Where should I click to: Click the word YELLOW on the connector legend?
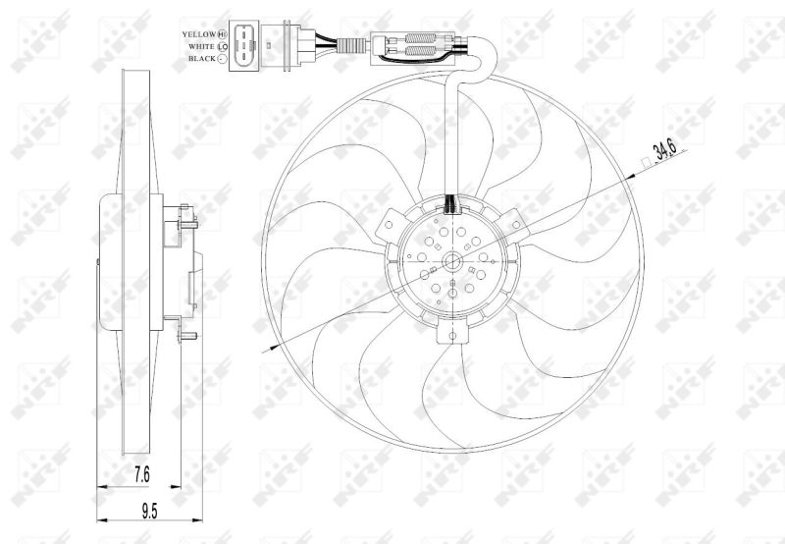coord(199,34)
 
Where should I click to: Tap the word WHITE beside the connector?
coord(201,46)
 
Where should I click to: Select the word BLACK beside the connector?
coord(202,59)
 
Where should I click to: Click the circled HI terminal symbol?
coord(223,34)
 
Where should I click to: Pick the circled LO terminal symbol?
coord(223,46)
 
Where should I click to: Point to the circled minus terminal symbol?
coord(223,59)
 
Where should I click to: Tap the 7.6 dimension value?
coord(142,474)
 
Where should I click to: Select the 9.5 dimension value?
coord(149,511)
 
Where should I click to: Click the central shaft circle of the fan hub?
coord(452,260)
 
